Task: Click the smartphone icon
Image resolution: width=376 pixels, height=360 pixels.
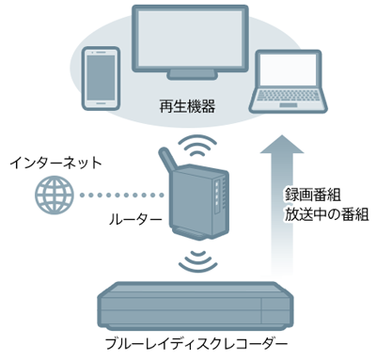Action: click(101, 78)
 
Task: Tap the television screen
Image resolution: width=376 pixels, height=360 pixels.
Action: click(190, 39)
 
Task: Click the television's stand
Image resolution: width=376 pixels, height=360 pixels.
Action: click(192, 75)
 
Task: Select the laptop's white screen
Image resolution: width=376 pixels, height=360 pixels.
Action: click(289, 70)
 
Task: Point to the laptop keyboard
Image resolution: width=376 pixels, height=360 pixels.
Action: click(289, 96)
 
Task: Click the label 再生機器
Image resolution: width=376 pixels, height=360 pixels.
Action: click(187, 106)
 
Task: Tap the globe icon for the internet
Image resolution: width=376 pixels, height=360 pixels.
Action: click(54, 195)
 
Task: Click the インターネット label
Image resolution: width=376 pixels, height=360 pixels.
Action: click(55, 163)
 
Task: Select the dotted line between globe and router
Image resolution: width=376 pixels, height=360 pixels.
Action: click(122, 196)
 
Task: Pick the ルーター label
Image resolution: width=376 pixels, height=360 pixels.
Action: click(135, 220)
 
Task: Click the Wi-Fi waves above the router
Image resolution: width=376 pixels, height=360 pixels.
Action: click(197, 145)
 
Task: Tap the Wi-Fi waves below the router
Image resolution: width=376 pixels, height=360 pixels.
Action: click(197, 261)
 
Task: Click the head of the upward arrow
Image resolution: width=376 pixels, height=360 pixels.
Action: click(282, 145)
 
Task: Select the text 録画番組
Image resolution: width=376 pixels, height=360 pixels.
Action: click(312, 196)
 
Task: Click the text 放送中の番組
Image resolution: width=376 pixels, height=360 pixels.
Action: click(326, 215)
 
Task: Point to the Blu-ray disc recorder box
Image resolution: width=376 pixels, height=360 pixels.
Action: click(196, 305)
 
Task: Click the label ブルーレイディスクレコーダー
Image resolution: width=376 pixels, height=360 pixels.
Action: click(196, 344)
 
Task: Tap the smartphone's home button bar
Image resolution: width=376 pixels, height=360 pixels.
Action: click(101, 102)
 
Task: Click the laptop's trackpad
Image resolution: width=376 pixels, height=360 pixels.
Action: click(289, 105)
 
